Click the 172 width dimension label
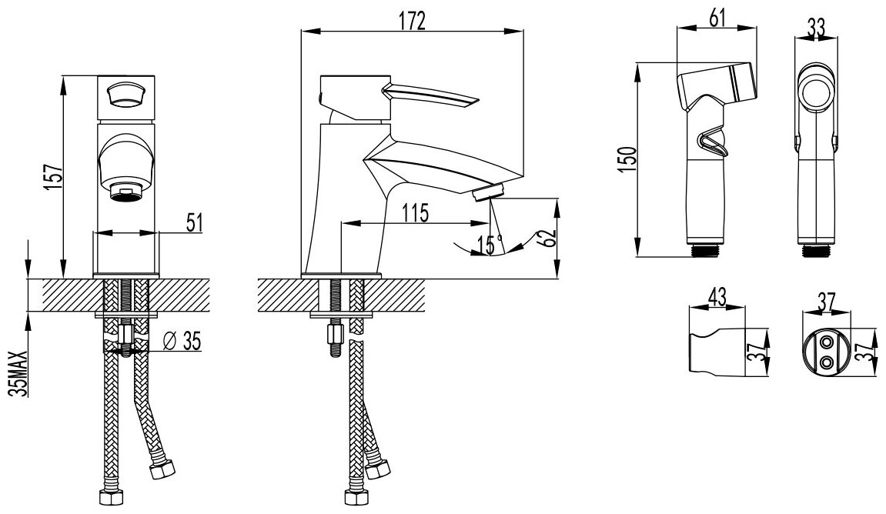[412, 21]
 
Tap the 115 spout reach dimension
[414, 212]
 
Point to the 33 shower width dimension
[815, 27]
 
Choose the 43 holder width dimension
[715, 295]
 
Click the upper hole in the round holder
[827, 341]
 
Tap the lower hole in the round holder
[827, 361]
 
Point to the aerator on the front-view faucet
[125, 190]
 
